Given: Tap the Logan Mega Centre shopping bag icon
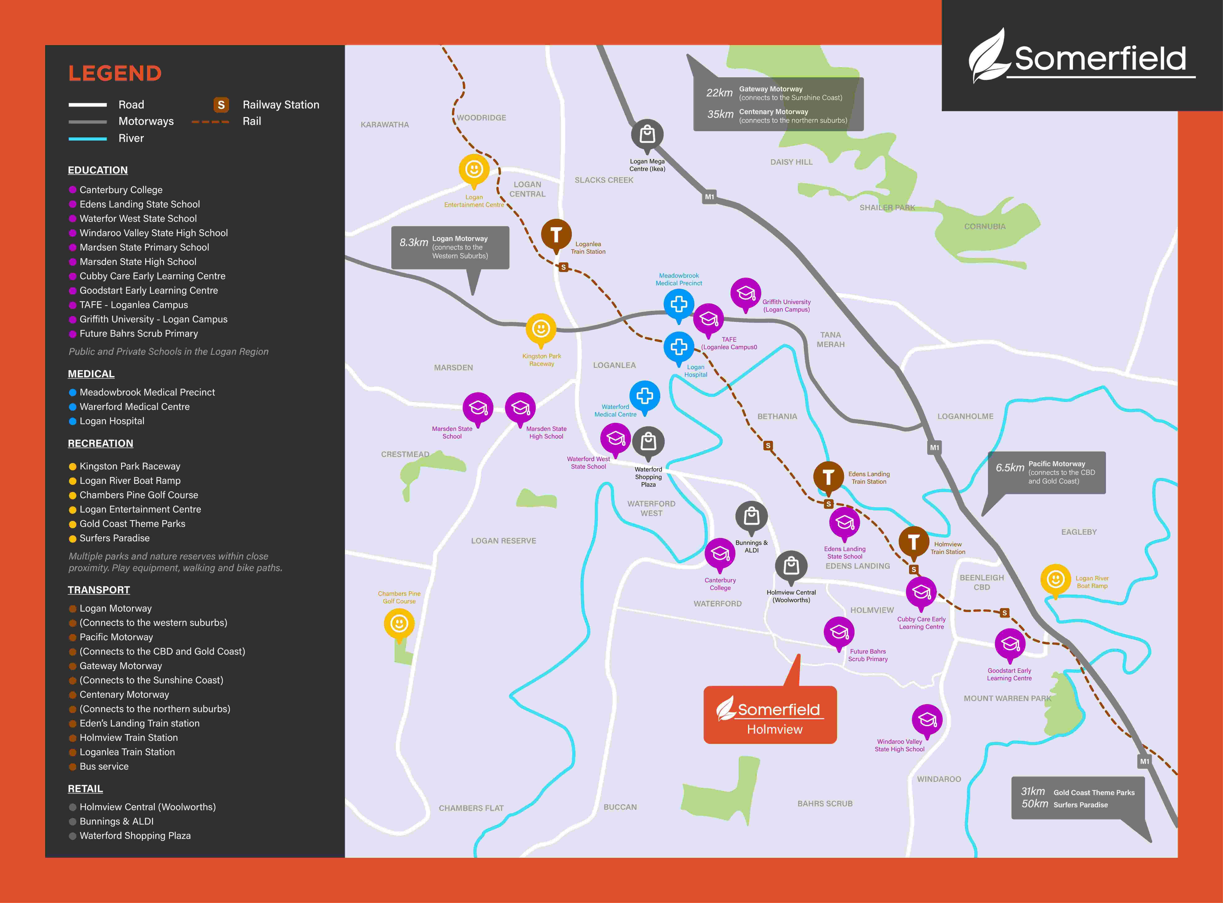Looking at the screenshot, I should point(647,134).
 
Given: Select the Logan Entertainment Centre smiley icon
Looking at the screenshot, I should point(474,169).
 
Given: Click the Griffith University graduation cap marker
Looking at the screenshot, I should point(746,294).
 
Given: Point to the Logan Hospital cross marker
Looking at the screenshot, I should point(679,347).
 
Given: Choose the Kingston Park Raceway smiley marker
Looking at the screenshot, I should point(541,328).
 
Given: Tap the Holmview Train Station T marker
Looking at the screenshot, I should point(913,542).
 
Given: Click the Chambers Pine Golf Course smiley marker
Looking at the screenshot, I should point(399,623).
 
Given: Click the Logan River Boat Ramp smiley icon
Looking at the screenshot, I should point(1055,579).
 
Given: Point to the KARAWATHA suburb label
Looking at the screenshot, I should point(385,125).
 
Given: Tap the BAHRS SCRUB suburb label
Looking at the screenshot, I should point(825,804).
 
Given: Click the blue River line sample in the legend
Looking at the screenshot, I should point(87,139).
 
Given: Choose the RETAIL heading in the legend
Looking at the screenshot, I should point(85,789).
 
